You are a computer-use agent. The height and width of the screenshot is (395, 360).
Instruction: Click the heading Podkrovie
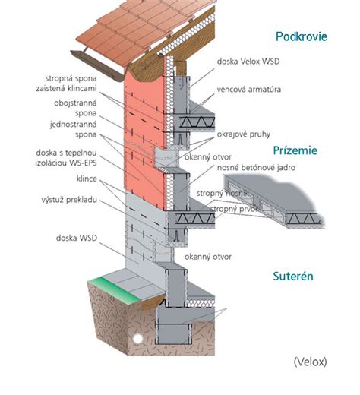302,36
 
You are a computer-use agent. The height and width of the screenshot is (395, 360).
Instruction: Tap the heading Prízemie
295,150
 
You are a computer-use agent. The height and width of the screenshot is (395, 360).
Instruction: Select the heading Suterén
293,276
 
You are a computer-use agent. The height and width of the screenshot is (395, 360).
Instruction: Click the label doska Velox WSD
248,62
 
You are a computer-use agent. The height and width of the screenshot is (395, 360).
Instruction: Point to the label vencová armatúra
249,90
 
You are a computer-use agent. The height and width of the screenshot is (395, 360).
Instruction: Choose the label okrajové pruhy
244,134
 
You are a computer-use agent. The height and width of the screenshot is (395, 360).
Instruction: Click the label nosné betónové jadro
256,167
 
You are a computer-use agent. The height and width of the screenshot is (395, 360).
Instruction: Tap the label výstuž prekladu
69,200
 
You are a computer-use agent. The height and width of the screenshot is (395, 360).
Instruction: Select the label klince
87,179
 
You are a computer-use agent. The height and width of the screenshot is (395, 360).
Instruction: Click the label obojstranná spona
75,108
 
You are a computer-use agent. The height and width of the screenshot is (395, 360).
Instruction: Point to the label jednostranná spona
74,129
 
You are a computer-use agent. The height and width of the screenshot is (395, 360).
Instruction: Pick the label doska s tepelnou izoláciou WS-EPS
66,158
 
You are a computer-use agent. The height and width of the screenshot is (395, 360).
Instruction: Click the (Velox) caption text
310,362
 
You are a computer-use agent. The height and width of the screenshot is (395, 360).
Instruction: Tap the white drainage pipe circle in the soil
137,339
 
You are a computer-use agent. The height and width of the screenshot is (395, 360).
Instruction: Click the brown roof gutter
97,65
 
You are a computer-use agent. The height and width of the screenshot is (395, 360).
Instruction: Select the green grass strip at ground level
114,291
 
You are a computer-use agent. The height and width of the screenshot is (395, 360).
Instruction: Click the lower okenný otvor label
208,257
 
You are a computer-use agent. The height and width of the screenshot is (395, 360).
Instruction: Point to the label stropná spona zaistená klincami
66,84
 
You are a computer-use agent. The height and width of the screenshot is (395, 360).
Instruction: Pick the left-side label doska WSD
77,238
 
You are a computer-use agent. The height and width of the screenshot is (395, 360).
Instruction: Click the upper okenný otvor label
208,157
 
